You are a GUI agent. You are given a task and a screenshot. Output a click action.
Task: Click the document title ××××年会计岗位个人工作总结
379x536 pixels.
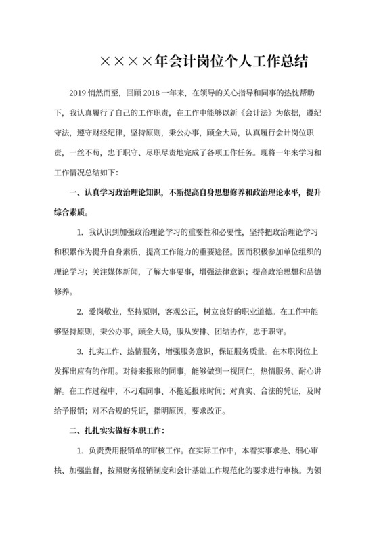pyautogui.click(x=204, y=62)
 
